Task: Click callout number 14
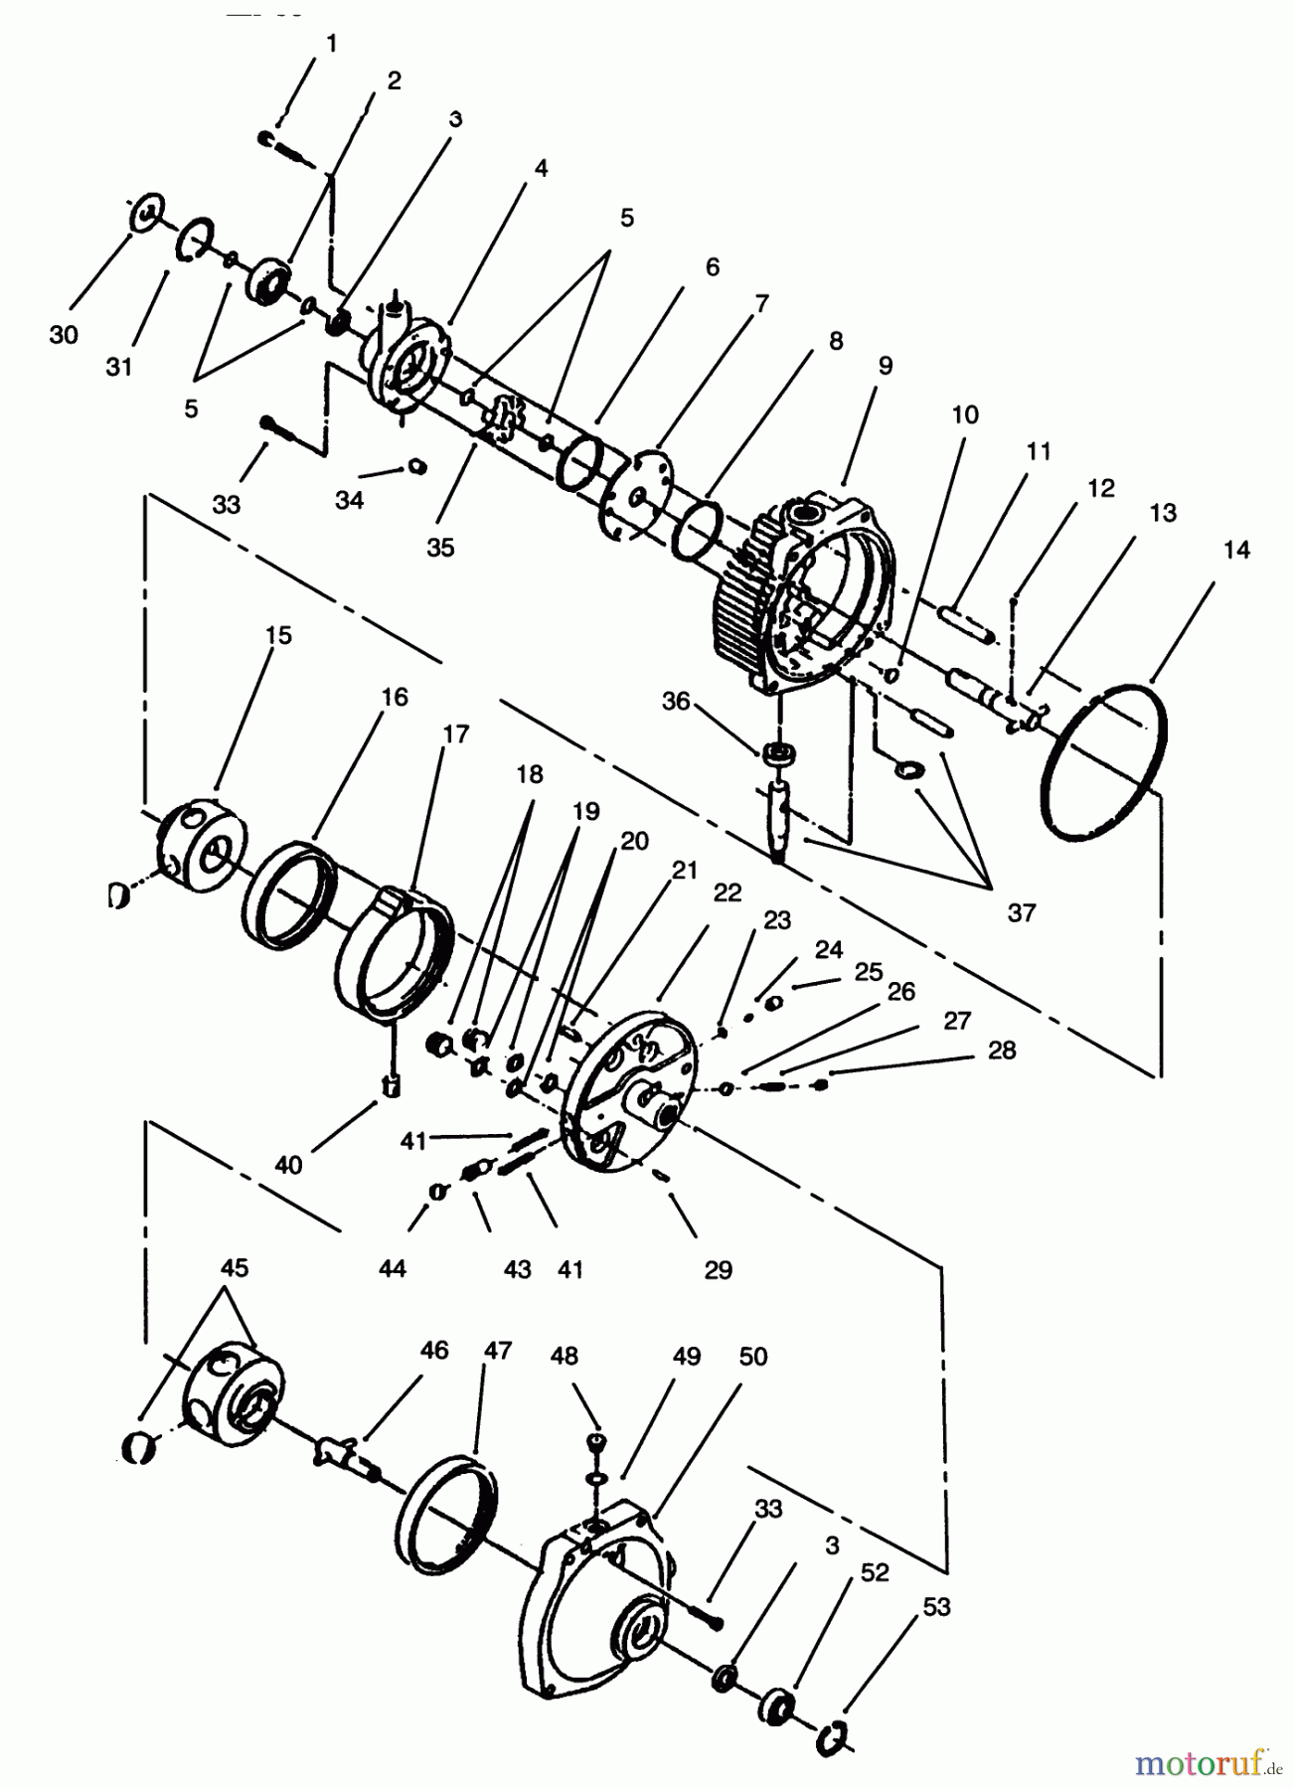click(1236, 551)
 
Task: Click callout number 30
click(63, 335)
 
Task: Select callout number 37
click(1022, 912)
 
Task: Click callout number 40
click(288, 1164)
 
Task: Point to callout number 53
click(935, 1606)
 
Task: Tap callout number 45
click(235, 1268)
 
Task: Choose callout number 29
click(718, 1269)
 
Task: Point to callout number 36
click(676, 701)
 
